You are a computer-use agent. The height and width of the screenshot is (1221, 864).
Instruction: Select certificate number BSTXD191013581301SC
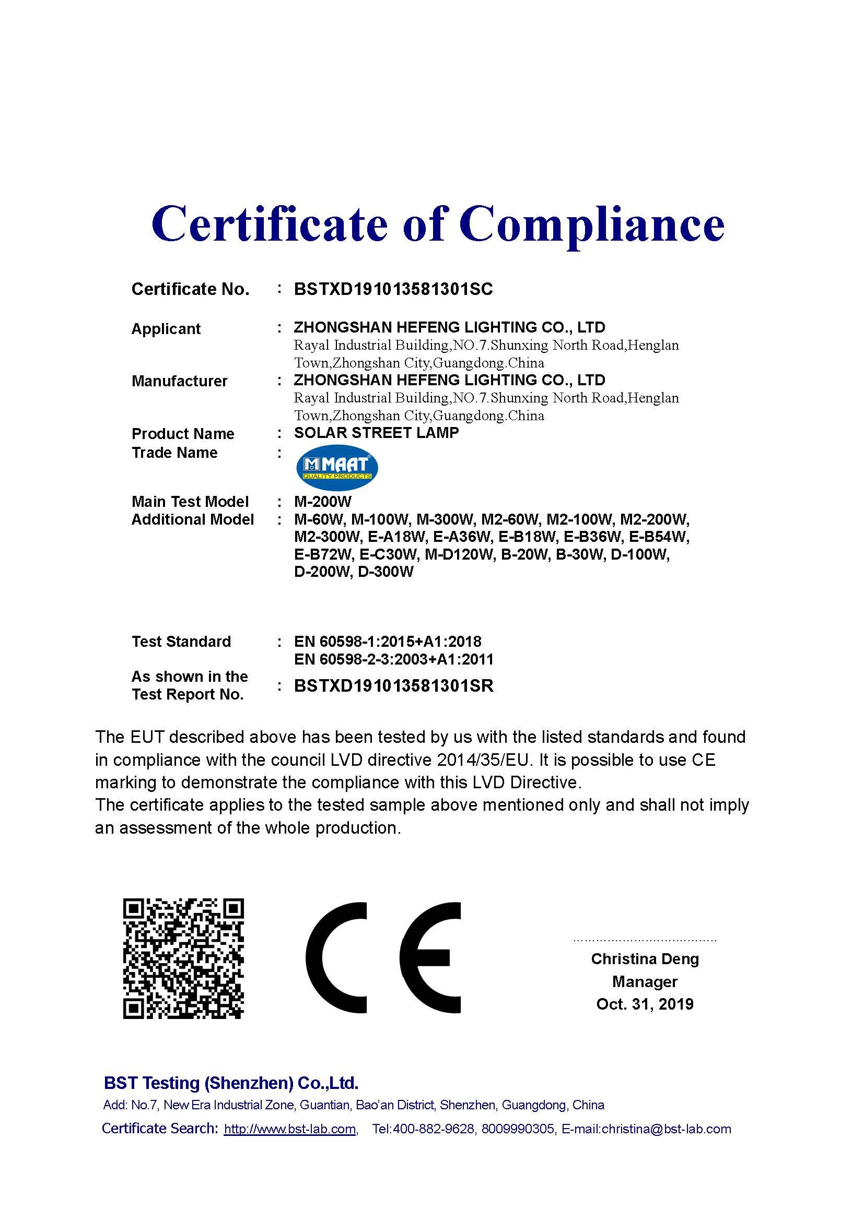(393, 289)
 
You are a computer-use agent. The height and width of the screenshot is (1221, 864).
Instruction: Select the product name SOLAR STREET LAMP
(376, 433)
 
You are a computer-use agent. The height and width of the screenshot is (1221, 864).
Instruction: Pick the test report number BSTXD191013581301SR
(394, 685)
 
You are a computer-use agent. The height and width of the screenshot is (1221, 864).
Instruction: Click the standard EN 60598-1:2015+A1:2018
(387, 642)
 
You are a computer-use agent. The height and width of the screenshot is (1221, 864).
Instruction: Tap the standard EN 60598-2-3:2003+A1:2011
(394, 659)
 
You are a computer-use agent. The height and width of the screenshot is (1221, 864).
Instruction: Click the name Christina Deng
(645, 959)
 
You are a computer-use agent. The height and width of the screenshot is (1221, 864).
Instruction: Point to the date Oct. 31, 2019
(645, 1003)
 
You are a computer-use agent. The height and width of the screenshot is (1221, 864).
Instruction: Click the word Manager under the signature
(645, 981)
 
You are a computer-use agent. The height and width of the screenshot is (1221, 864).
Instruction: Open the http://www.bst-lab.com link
(290, 1129)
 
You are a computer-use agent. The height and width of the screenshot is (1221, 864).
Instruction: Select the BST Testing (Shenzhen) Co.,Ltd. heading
(231, 1083)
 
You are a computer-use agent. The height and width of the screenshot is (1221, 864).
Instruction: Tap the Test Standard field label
(181, 642)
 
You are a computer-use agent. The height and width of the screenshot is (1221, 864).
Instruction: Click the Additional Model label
(193, 519)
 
